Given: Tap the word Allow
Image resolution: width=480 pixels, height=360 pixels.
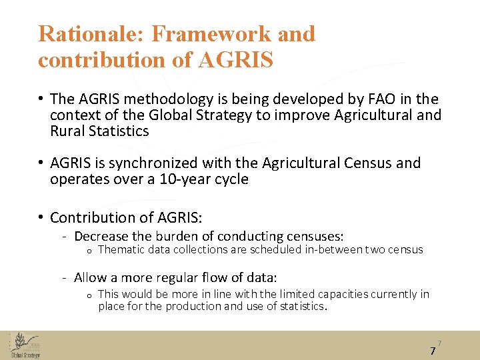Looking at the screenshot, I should tap(89, 277).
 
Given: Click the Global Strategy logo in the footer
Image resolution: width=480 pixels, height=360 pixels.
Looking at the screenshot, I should tap(25, 345).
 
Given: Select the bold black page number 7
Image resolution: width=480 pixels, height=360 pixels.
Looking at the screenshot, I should tap(433, 351).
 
